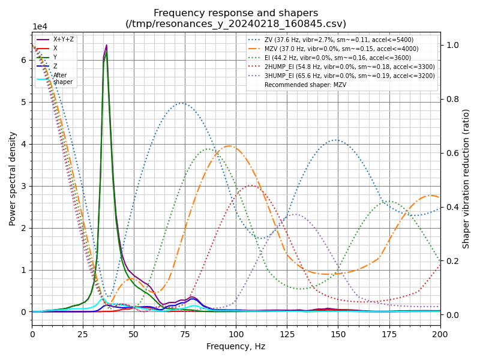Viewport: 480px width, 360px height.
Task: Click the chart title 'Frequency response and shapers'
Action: pyautogui.click(x=236, y=13)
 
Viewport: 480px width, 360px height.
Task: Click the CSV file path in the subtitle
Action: pyautogui.click(x=236, y=24)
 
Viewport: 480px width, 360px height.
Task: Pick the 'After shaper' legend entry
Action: pyautogui.click(x=62, y=79)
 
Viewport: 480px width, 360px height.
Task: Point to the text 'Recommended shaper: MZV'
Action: pyautogui.click(x=302, y=85)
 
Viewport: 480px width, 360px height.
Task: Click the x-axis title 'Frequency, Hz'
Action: pyautogui.click(x=236, y=346)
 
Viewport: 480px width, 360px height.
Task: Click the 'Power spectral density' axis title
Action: pyautogui.click(x=13, y=178)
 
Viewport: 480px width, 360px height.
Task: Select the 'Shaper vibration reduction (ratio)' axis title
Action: pyautogui.click(x=466, y=178)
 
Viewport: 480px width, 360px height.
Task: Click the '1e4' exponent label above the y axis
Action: pyautogui.click(x=40, y=27)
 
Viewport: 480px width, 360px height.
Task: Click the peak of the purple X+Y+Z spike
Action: pyautogui.click(x=107, y=45)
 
